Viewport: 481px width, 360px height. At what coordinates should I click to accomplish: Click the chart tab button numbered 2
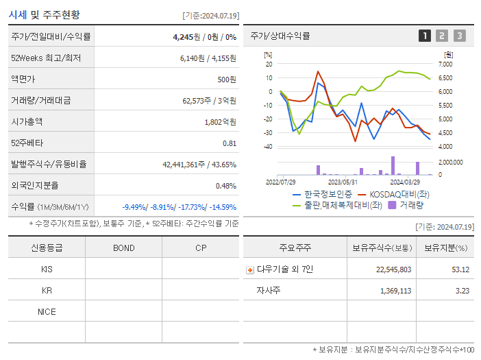tap(442, 36)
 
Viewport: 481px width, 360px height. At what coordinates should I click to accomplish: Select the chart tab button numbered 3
tap(459, 36)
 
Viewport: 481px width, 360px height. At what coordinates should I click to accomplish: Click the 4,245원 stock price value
tap(186, 36)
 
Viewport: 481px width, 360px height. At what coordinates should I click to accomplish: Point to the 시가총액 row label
tap(27, 121)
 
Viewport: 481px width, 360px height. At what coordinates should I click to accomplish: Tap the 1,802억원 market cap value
tap(221, 121)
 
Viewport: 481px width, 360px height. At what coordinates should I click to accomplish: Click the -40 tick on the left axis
tap(268, 147)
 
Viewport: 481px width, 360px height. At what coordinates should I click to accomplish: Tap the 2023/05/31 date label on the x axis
tap(343, 182)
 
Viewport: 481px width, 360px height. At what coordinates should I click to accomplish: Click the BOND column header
tap(123, 248)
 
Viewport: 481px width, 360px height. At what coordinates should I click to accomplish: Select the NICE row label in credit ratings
tap(47, 311)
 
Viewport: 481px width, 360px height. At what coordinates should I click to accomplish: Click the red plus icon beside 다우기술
tap(250, 269)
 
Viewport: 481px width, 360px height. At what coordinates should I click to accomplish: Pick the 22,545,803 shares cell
tap(394, 269)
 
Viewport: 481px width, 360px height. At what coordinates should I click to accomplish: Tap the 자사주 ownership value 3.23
tap(461, 291)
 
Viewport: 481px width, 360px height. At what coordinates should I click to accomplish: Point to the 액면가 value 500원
tap(227, 79)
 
